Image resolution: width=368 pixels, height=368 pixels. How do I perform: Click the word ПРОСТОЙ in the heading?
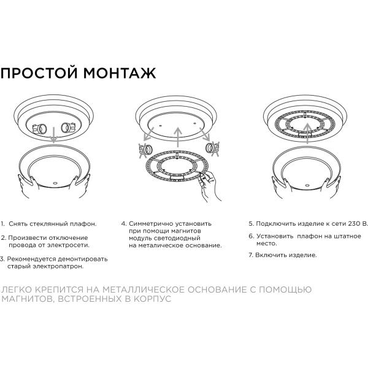tap(39, 73)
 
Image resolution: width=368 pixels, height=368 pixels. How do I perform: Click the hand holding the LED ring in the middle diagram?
tap(207, 183)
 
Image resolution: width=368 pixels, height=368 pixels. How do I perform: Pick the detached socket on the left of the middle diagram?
tap(147, 150)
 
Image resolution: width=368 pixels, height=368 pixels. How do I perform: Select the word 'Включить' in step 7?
tap(272, 255)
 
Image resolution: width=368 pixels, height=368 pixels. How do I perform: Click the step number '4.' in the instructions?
tap(123, 224)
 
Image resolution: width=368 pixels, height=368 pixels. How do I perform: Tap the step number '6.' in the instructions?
tap(251, 236)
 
